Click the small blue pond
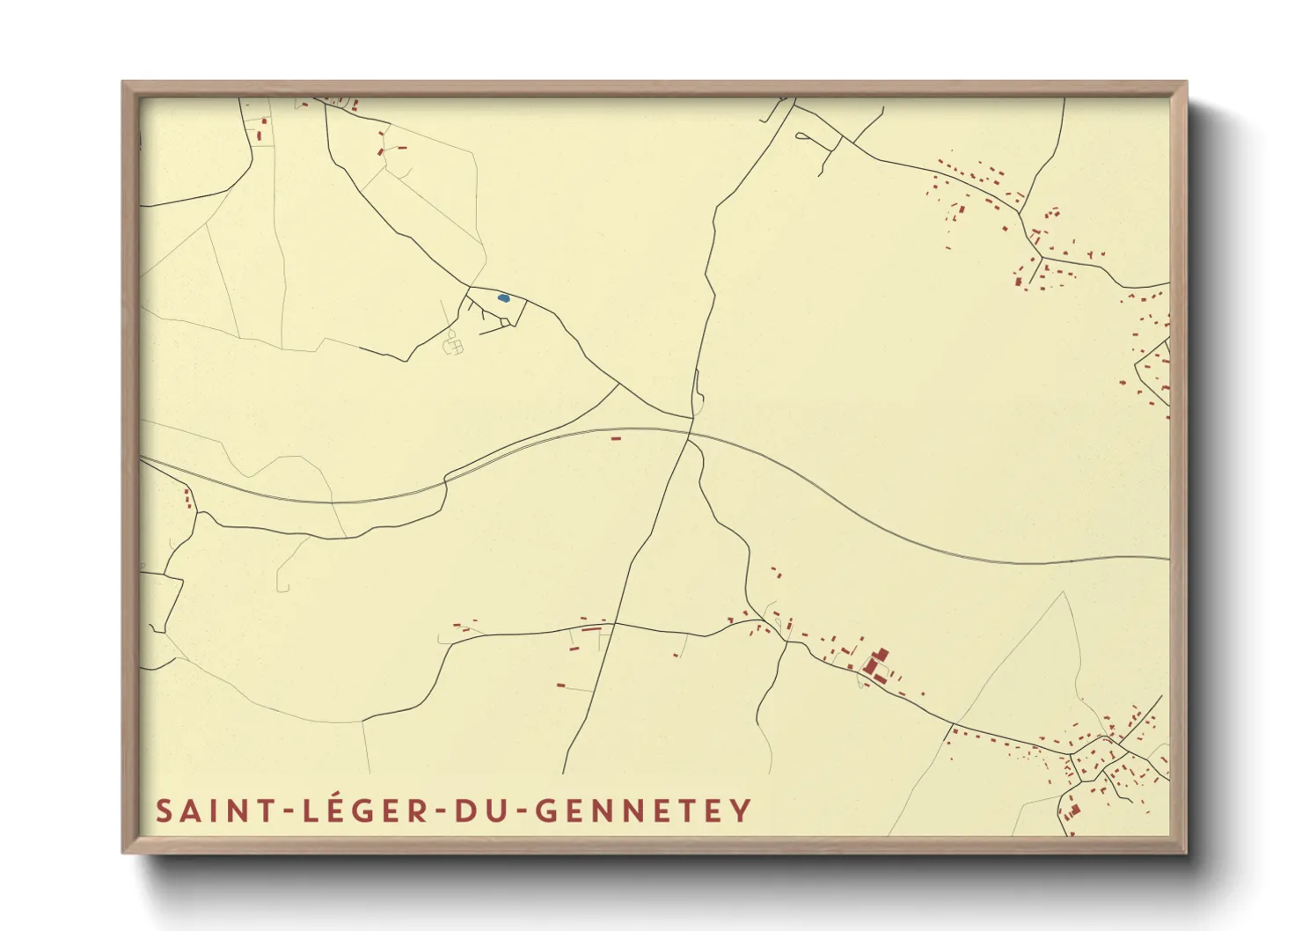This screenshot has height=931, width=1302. [x=502, y=298]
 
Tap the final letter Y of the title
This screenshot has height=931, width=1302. [x=742, y=810]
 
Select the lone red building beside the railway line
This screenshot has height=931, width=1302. [x=616, y=437]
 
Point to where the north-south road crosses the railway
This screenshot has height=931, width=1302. [x=688, y=432]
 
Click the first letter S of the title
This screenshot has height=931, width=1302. [x=164, y=810]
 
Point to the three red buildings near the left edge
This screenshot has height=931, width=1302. [x=187, y=499]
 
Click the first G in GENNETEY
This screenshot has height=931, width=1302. [x=547, y=810]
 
